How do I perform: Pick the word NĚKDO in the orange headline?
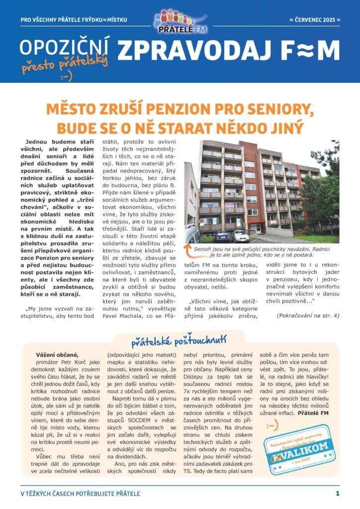244,127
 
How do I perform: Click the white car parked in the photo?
241,236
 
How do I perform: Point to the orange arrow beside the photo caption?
188,246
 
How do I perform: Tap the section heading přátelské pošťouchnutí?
179,341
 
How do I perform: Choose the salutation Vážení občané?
57,354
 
